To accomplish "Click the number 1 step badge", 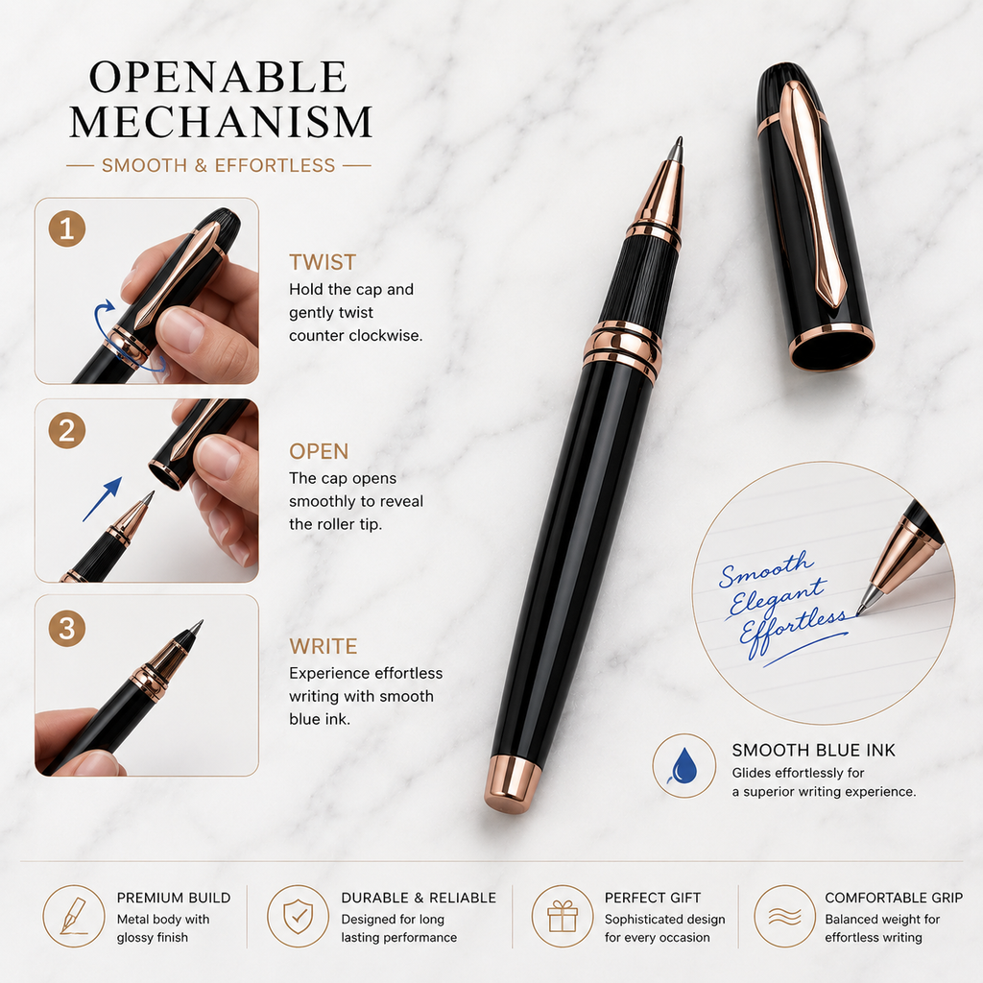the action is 67,228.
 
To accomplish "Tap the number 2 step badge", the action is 67,431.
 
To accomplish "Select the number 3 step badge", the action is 67,628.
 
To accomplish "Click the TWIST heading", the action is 323,262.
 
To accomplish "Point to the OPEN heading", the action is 319,451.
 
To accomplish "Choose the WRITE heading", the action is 323,646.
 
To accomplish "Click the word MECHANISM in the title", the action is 221,122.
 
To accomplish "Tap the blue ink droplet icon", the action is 683,765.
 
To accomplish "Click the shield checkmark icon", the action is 299,916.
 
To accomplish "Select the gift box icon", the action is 563,917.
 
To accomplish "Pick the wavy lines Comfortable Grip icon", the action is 785,917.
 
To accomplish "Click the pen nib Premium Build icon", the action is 73,916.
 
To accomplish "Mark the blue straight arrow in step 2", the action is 102,499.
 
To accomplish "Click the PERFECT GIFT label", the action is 653,898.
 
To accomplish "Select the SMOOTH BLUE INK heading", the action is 814,751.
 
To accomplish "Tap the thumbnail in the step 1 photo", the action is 181,328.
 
